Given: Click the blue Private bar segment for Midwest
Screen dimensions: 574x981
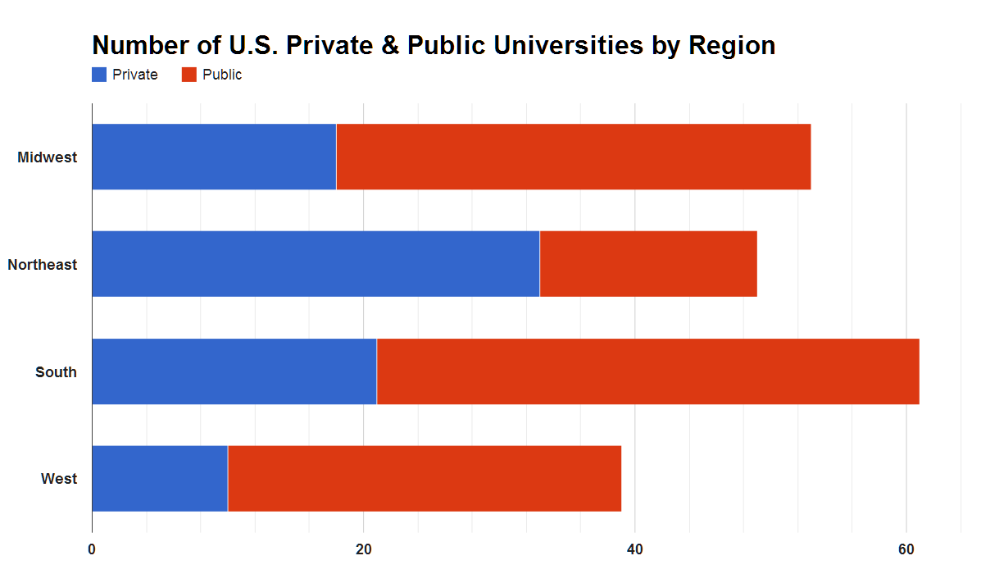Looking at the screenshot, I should click(x=214, y=157).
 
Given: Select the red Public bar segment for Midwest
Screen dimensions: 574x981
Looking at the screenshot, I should click(x=574, y=157).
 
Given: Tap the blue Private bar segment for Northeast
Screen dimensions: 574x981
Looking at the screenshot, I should click(x=316, y=264).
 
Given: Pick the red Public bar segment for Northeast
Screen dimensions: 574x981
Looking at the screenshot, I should click(x=648, y=264).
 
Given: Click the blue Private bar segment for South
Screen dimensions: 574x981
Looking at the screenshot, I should click(x=234, y=371).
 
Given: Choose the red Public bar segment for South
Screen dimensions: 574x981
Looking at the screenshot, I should click(x=647, y=371).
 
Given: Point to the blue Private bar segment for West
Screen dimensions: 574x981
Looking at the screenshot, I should click(x=160, y=479).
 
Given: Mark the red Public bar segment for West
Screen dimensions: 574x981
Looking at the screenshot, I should click(x=425, y=479).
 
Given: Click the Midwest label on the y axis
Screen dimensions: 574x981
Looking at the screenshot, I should click(x=48, y=157).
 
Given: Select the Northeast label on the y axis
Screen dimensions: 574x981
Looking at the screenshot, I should click(x=43, y=265).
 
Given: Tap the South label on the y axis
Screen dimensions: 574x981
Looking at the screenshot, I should click(x=56, y=372).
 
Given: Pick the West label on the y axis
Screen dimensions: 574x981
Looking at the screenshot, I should click(x=59, y=479).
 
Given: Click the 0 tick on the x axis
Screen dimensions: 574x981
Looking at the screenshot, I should click(x=92, y=549).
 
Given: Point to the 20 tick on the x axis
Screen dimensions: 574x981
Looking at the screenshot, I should click(x=364, y=549).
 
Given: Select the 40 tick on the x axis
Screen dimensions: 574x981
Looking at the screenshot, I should click(x=635, y=549).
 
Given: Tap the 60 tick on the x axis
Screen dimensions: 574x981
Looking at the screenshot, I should click(x=906, y=549).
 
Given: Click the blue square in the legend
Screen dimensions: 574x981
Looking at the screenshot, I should click(x=99, y=75).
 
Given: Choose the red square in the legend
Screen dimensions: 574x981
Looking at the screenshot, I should click(x=188, y=75).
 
